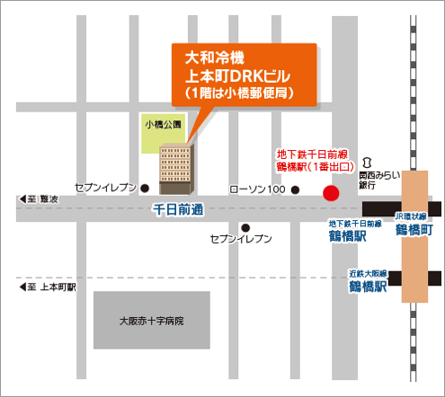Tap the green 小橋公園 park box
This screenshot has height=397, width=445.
[x=163, y=125]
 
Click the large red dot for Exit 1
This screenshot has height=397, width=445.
[x=331, y=191]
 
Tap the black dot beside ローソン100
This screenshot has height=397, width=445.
[x=295, y=190]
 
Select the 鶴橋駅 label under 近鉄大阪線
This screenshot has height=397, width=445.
[x=368, y=287]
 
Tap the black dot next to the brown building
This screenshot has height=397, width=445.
[x=146, y=188]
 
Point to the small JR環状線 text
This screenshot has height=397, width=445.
[x=414, y=216]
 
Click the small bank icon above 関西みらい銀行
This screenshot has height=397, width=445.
[x=364, y=162]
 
